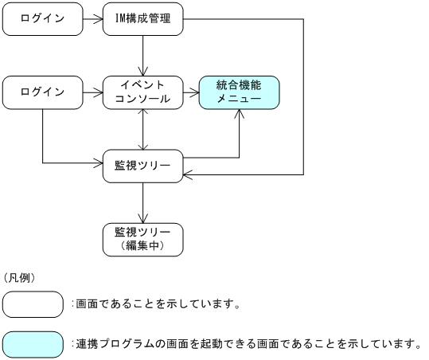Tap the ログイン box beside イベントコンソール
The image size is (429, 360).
(42, 92)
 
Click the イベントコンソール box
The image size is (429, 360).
(143, 92)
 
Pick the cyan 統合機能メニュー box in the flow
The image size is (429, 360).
(239, 92)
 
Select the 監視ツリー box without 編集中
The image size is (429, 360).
(143, 166)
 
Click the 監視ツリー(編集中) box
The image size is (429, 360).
(143, 239)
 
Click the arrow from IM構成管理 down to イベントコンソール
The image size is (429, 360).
(143, 56)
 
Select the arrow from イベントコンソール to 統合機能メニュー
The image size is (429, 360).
(191, 92)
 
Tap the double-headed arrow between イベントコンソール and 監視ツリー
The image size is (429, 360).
(143, 129)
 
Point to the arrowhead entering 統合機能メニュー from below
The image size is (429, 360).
(239, 115)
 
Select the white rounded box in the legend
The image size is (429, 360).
(33, 304)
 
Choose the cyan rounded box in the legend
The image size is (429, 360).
(33, 344)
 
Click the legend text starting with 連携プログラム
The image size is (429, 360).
(247, 344)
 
